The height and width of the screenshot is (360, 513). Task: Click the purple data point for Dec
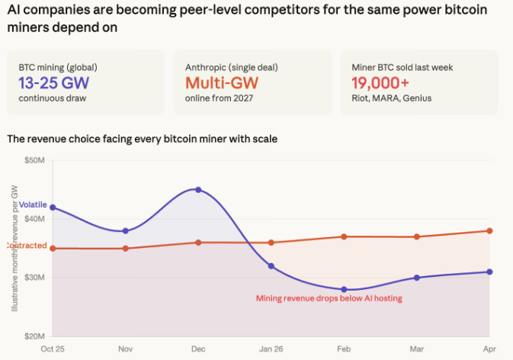(x=198, y=189)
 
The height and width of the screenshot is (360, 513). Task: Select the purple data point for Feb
(x=344, y=289)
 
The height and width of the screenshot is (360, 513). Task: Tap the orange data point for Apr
(x=489, y=230)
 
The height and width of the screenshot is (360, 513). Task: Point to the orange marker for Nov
(x=126, y=248)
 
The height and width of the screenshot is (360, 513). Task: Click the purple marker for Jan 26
(x=271, y=265)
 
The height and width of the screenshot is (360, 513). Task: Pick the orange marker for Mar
(x=416, y=236)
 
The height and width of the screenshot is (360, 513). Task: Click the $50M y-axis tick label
(x=35, y=160)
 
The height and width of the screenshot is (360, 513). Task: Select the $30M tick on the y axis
(x=35, y=278)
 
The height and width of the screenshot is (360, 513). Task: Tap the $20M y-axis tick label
(x=35, y=336)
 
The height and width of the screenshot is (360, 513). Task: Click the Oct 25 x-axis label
(x=53, y=348)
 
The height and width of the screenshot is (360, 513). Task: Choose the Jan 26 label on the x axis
(x=271, y=348)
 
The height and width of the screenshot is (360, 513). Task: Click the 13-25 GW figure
(x=52, y=82)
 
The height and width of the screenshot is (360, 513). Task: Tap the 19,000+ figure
(x=380, y=82)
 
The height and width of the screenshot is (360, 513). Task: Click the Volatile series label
(x=33, y=205)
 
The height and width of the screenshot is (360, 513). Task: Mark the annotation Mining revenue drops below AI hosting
(x=329, y=298)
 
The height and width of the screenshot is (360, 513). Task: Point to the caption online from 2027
(x=219, y=98)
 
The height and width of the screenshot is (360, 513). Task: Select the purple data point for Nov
(x=126, y=230)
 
